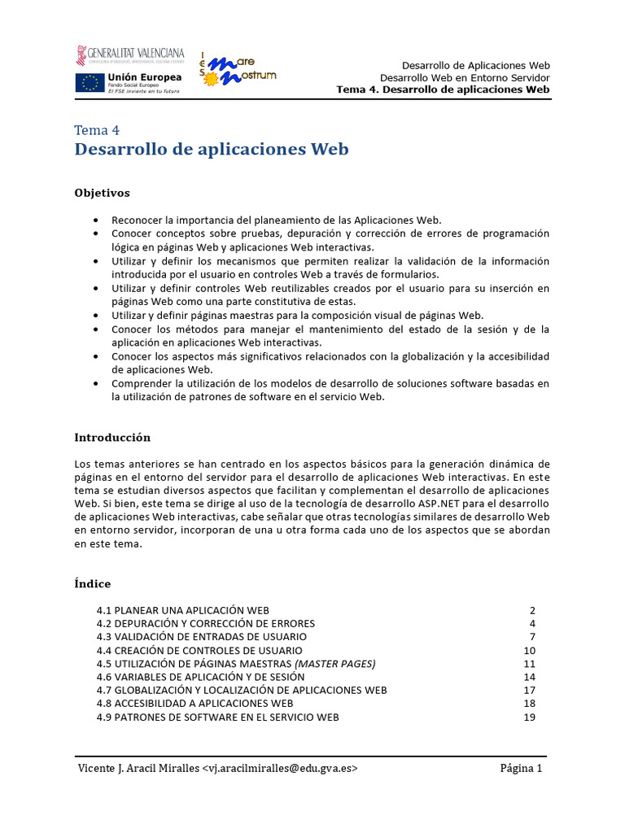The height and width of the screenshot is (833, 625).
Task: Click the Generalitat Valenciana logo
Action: coord(130,55)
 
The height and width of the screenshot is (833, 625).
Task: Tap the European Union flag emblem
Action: coord(90,82)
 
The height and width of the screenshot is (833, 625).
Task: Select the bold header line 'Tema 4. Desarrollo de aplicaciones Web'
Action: coord(443,89)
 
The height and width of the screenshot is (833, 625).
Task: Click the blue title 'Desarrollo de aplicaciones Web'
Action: coord(212,150)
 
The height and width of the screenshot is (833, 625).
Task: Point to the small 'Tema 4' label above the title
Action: coord(97,130)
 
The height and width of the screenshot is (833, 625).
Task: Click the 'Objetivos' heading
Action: coord(102,193)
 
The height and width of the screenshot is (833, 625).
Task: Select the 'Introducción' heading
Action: coord(112,437)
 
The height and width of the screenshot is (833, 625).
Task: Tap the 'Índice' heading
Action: coord(92,583)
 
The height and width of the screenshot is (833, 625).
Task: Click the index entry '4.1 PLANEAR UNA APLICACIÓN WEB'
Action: coord(182,610)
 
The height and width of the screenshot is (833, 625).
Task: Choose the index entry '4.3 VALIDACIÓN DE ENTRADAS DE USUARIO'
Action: coord(201,637)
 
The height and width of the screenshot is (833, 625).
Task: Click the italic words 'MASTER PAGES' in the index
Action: coord(334,664)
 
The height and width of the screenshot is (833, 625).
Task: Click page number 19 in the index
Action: coord(530,717)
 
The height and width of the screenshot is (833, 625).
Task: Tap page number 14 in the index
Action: coord(530,677)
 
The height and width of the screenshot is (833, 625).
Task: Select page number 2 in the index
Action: coord(532,610)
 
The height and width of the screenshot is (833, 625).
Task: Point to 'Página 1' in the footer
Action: coord(521,769)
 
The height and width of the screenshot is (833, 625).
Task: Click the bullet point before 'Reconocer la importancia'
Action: coord(98,220)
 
